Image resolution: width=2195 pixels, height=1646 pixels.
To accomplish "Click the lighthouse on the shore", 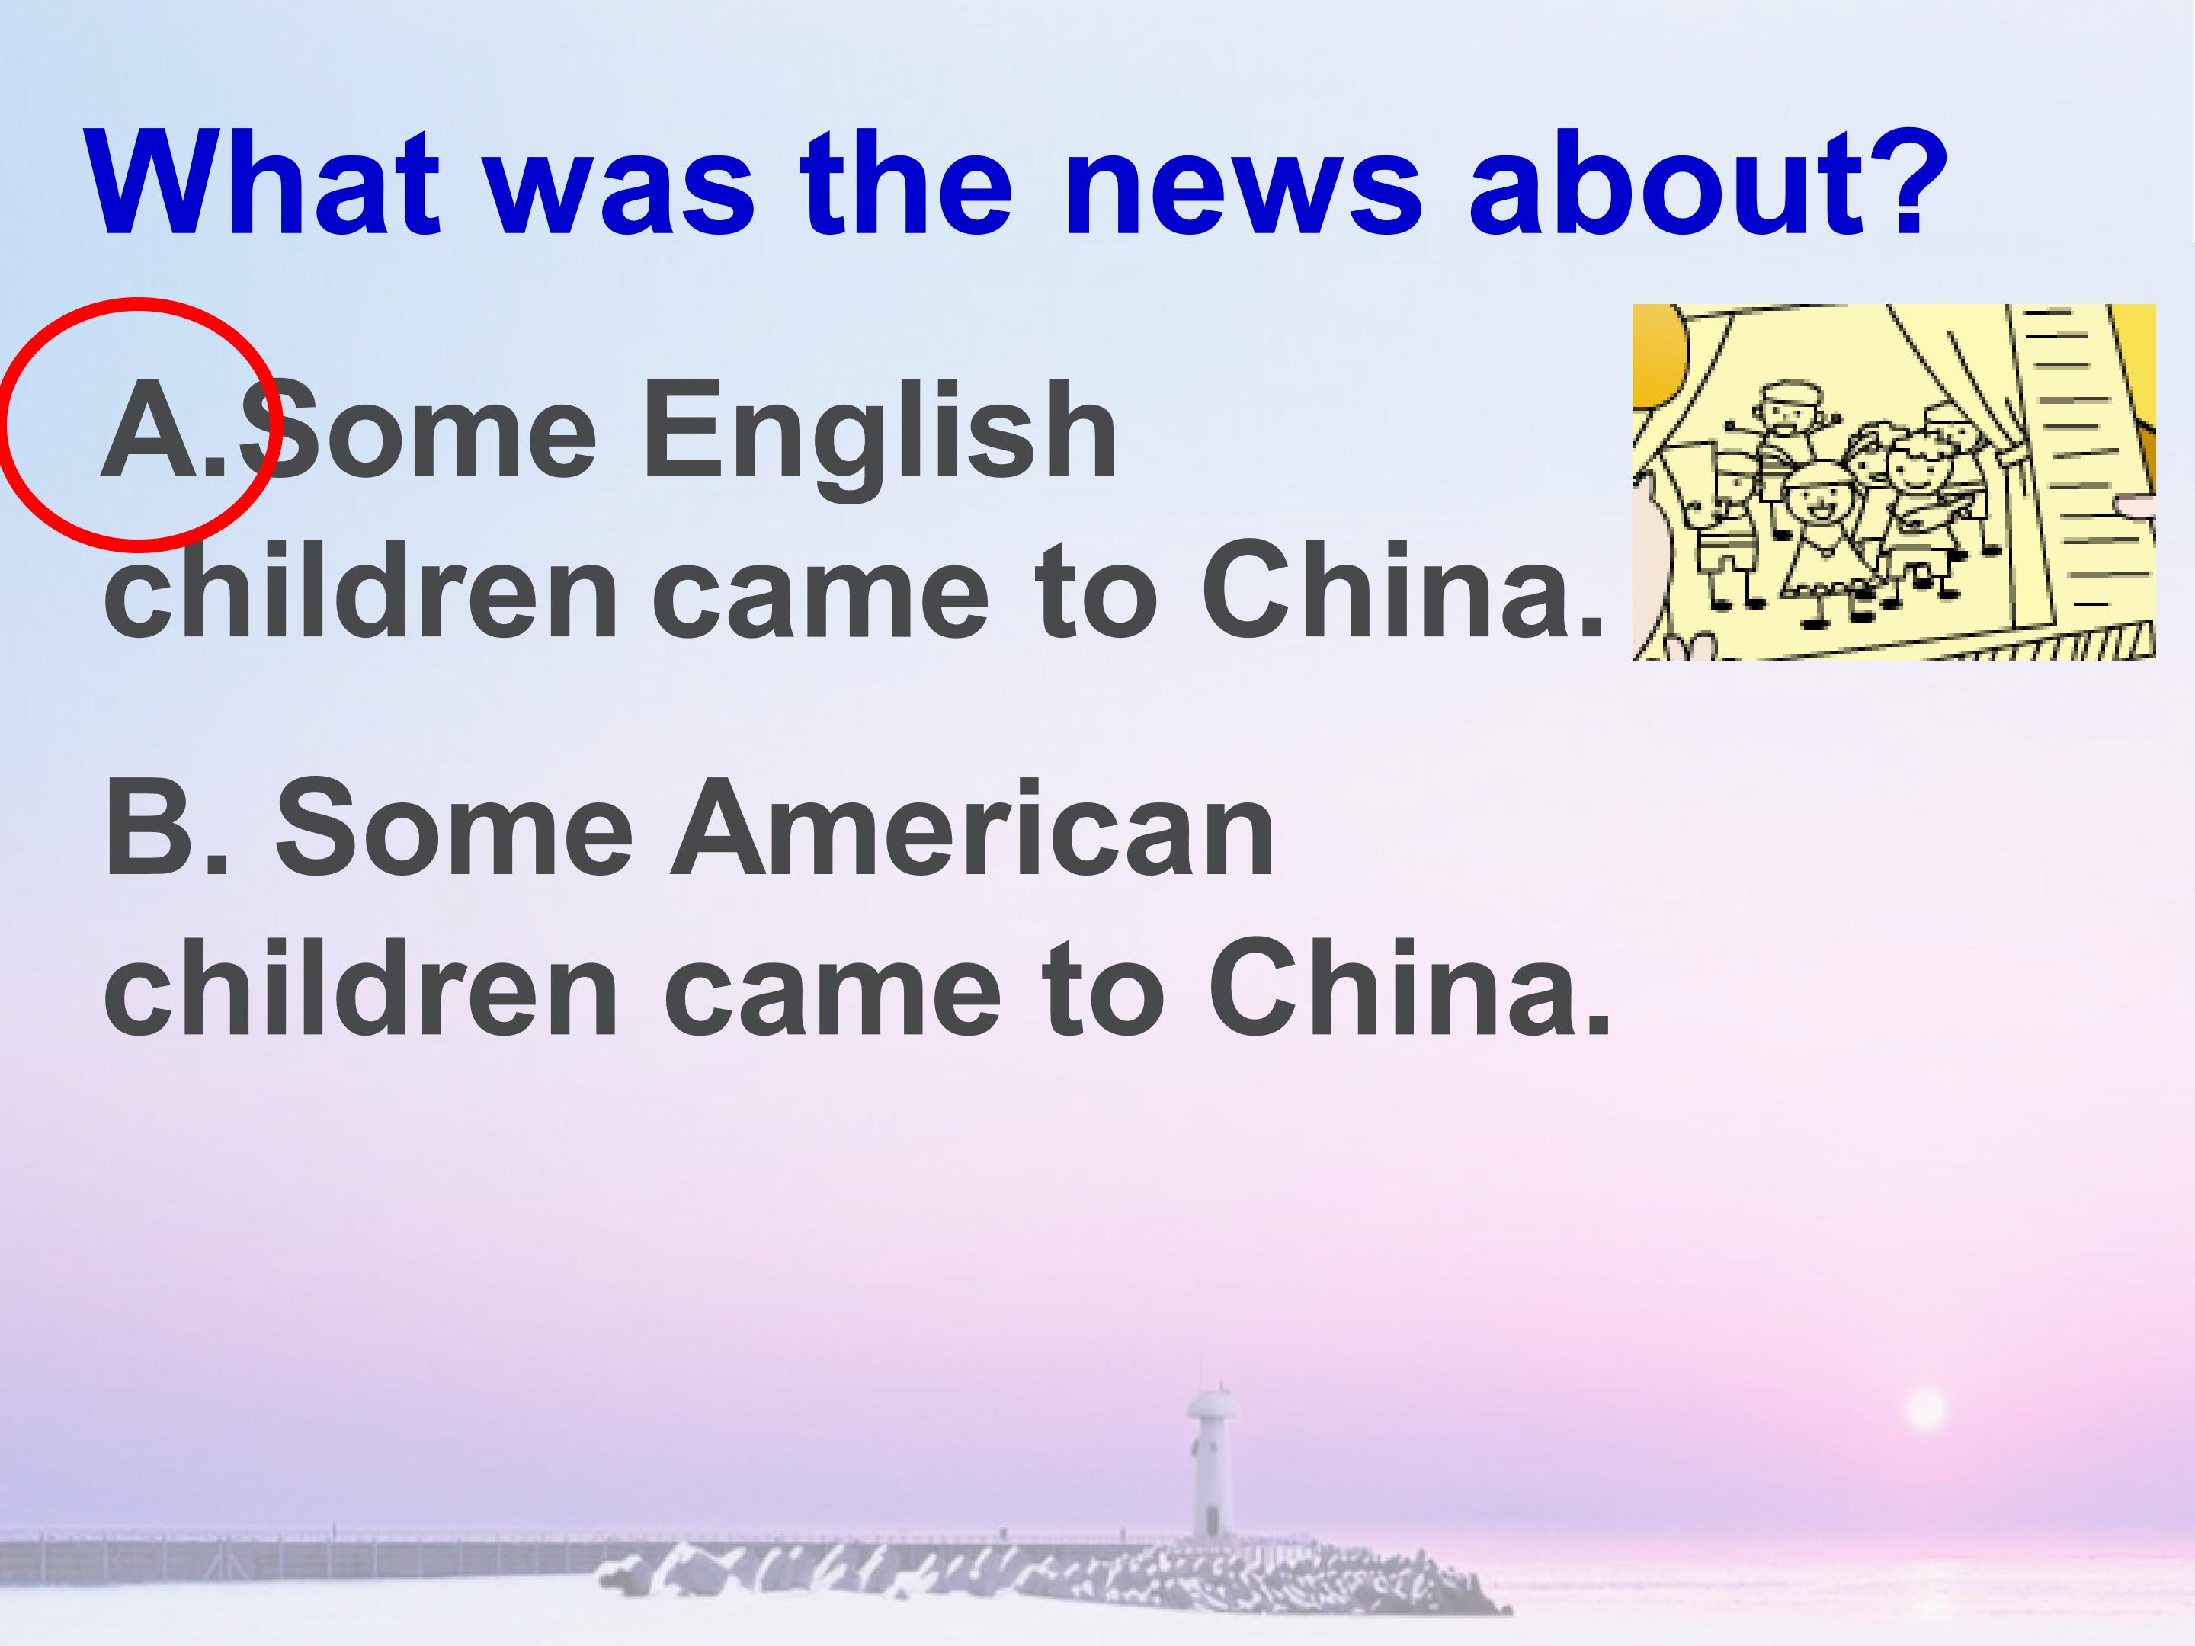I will pyautogui.click(x=1209, y=1468).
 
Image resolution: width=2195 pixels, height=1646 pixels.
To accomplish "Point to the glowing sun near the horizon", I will pyautogui.click(x=1926, y=1410).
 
